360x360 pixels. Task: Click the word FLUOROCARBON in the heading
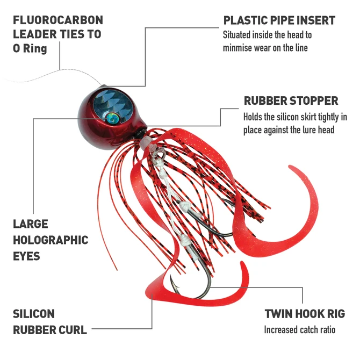(57, 20)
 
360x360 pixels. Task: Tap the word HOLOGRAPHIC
(51, 240)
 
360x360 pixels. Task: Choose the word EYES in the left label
(26, 256)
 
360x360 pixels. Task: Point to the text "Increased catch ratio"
(299, 329)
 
